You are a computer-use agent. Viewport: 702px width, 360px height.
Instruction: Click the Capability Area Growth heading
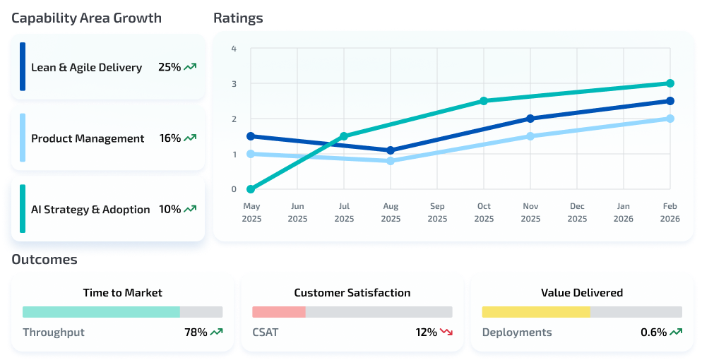(x=86, y=18)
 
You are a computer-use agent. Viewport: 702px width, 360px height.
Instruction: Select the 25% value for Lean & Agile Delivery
(x=169, y=68)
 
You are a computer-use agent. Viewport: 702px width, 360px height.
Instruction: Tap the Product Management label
(x=88, y=138)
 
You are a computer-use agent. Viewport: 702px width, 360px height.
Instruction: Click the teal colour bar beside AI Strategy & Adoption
(x=23, y=209)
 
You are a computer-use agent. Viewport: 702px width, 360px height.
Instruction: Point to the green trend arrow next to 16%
(x=190, y=138)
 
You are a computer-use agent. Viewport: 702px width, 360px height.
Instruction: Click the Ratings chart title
(x=238, y=18)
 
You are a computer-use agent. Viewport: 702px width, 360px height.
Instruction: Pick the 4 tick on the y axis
(x=234, y=49)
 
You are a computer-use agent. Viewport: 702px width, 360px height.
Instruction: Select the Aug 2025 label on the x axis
(x=391, y=212)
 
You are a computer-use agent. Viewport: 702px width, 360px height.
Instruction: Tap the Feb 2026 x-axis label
(x=670, y=212)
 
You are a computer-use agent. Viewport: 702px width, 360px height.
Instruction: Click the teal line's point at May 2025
(x=251, y=189)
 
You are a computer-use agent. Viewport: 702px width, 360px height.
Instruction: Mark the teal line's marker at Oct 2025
(x=484, y=101)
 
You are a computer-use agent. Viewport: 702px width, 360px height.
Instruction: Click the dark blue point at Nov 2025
(x=530, y=119)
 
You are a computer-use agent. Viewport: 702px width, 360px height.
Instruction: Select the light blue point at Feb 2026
(x=670, y=119)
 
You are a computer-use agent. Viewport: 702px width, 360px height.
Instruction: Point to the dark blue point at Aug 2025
(x=391, y=150)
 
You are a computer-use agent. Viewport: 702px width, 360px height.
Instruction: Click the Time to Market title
(x=122, y=292)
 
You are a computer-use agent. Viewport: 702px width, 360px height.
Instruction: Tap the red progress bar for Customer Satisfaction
(x=279, y=312)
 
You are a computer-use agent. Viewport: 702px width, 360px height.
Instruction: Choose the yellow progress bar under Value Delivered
(x=535, y=312)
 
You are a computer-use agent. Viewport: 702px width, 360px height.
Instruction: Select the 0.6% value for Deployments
(x=653, y=332)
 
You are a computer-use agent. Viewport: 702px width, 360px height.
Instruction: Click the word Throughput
(x=54, y=332)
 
